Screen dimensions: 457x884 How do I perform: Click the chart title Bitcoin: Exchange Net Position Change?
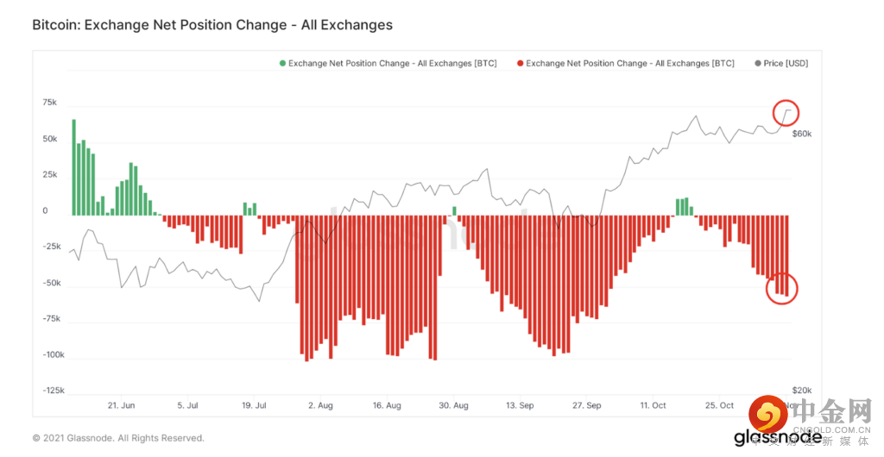click(x=212, y=25)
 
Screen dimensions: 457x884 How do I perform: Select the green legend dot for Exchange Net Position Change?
click(x=281, y=63)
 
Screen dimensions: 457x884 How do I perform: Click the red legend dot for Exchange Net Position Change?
click(x=519, y=63)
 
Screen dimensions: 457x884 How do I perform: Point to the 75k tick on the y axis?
click(x=49, y=103)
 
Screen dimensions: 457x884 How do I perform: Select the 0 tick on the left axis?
click(x=45, y=211)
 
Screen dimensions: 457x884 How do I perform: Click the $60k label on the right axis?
click(x=802, y=135)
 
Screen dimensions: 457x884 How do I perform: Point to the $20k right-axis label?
click(x=802, y=391)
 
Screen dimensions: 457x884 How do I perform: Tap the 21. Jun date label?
click(x=121, y=405)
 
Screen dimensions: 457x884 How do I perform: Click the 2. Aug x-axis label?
click(x=319, y=405)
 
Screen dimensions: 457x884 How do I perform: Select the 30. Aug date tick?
click(x=453, y=405)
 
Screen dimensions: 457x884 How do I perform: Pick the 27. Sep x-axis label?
click(x=586, y=405)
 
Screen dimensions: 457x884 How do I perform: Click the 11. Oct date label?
click(x=653, y=405)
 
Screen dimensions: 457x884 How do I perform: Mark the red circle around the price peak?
click(x=786, y=112)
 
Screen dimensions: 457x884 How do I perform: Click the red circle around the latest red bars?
click(x=782, y=290)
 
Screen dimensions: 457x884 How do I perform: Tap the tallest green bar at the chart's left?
click(x=73, y=166)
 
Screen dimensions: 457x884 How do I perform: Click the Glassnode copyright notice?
click(x=118, y=438)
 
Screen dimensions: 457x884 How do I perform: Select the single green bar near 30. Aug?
click(x=455, y=210)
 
